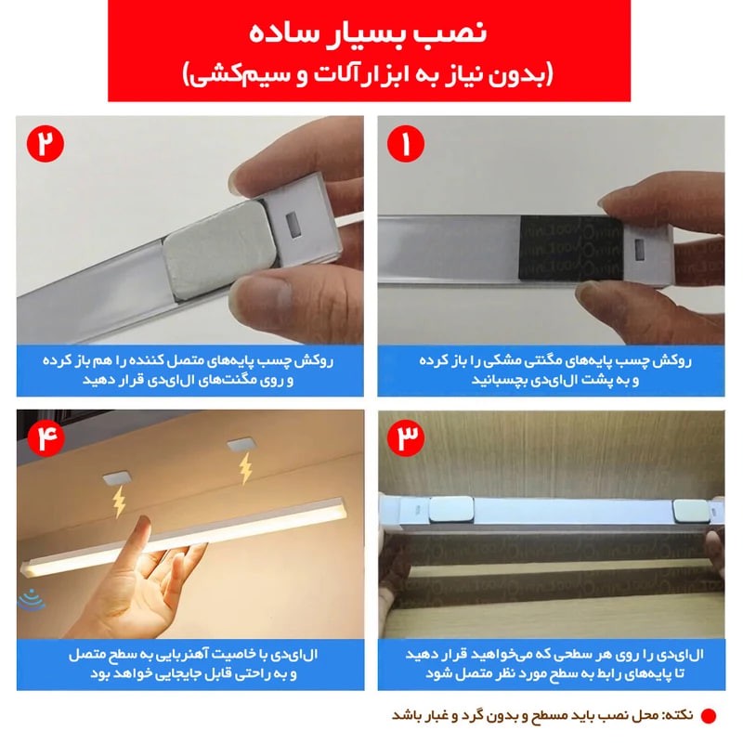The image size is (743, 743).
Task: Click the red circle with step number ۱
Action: pyautogui.click(x=406, y=144)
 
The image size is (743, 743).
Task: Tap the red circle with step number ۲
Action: pyautogui.click(x=46, y=144)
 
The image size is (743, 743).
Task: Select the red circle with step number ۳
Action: pyautogui.click(x=406, y=438)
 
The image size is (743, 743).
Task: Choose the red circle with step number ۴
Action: pyautogui.click(x=46, y=438)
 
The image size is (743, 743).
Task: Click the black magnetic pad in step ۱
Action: pyautogui.click(x=570, y=247)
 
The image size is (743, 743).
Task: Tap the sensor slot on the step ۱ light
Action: pyautogui.click(x=639, y=250)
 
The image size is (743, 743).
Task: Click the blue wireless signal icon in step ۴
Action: pyautogui.click(x=32, y=600)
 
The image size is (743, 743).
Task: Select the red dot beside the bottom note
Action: pyautogui.click(x=709, y=716)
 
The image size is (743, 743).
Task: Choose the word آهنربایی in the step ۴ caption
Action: pyautogui.click(x=179, y=655)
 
